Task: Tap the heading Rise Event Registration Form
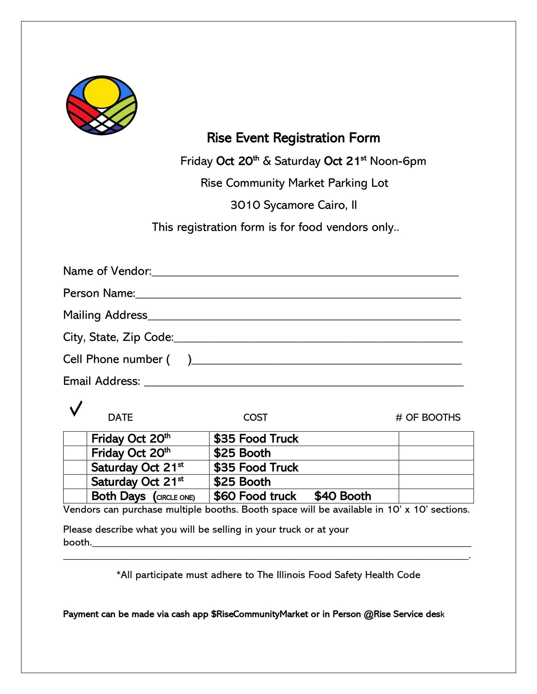[293, 138]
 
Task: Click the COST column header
[255, 417]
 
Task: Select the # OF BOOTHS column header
[428, 417]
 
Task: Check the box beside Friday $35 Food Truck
[75, 438]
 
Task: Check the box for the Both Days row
[75, 496]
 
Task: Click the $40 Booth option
[343, 496]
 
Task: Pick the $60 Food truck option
[255, 496]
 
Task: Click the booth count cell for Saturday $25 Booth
[436, 482]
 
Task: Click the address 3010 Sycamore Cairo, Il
[293, 205]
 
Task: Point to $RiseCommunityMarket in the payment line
[260, 614]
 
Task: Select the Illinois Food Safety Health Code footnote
[268, 575]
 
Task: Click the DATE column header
[120, 417]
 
